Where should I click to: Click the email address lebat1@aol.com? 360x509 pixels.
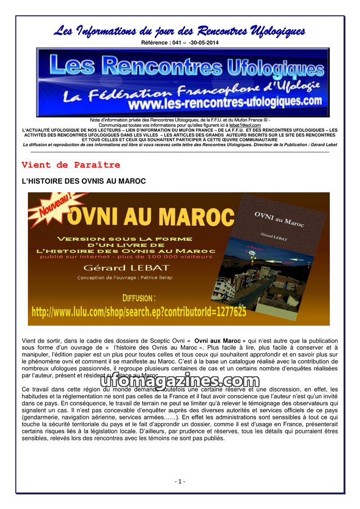[245, 125]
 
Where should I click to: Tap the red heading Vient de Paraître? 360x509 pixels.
[71, 165]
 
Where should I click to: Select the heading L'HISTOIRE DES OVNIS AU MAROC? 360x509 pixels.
[84, 181]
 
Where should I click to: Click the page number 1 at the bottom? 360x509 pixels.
[180, 481]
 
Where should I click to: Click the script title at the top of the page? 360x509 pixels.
[180, 31]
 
